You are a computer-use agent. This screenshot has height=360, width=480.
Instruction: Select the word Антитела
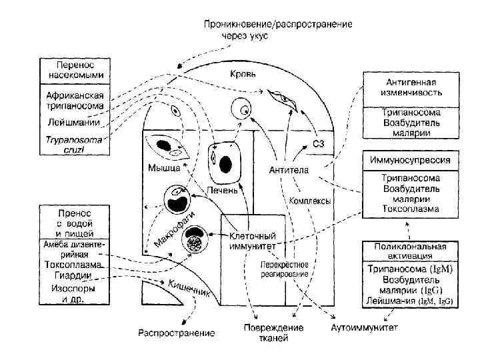click(289, 171)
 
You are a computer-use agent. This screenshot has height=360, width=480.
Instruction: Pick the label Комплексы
click(310, 201)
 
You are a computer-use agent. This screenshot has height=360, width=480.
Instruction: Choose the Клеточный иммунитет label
click(253, 241)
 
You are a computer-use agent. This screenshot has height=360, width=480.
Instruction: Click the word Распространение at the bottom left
click(177, 332)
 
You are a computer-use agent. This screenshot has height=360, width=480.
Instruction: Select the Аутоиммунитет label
click(365, 328)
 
